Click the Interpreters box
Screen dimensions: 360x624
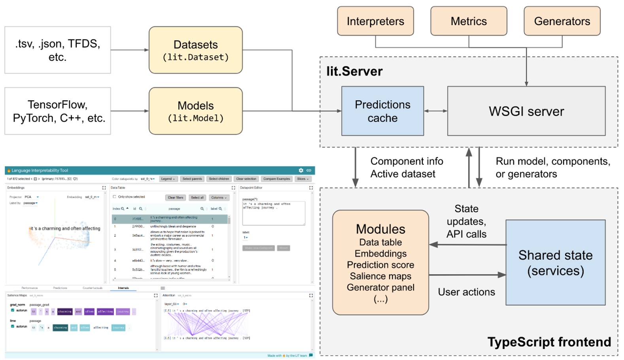click(x=375, y=21)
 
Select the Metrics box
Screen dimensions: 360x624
click(x=469, y=21)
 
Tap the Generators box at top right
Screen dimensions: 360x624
click(x=562, y=21)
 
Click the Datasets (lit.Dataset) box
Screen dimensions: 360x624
click(x=195, y=50)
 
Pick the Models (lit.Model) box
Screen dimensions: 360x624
click(x=195, y=111)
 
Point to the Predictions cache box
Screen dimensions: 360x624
click(x=382, y=111)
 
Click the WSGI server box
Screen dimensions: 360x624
click(x=526, y=111)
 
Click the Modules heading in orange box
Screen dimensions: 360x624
click(x=380, y=229)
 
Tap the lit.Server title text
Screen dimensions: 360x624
click(x=354, y=71)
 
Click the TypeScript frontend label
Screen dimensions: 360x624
click(x=549, y=342)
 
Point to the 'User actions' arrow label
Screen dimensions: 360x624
click(x=466, y=292)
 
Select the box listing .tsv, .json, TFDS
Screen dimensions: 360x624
click(x=58, y=50)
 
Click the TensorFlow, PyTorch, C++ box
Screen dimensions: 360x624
click(x=58, y=111)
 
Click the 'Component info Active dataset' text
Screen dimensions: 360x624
click(x=406, y=168)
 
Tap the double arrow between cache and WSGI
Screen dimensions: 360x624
click(x=435, y=111)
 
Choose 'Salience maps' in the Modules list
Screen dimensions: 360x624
click(x=380, y=276)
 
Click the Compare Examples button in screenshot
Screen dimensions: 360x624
click(x=276, y=179)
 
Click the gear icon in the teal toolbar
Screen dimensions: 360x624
click(x=301, y=170)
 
